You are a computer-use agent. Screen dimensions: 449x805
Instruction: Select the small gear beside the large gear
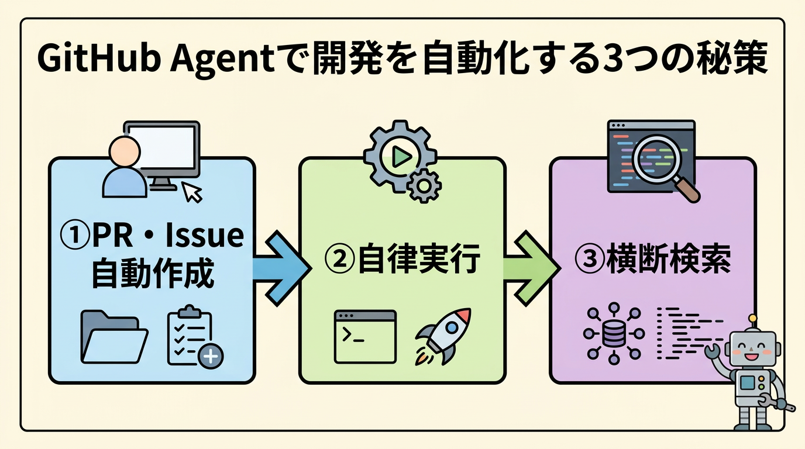coord(424,186)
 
